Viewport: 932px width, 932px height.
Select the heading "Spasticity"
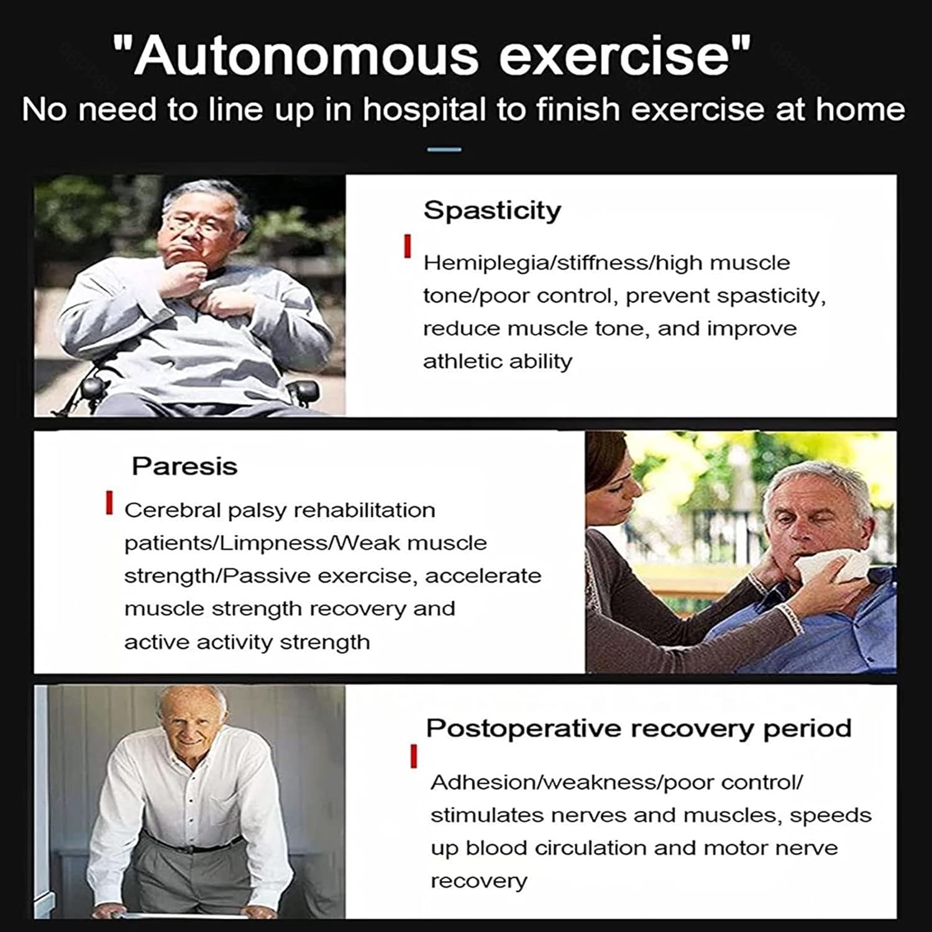492,210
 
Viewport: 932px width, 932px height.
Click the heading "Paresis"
185,466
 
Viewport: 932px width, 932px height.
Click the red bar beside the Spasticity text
408,246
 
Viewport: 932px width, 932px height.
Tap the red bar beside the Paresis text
109,503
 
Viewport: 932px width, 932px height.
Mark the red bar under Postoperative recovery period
413,757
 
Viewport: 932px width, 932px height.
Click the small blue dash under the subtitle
445,150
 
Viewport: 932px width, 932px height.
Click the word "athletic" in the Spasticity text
460,361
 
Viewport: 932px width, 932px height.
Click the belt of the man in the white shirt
193,846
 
